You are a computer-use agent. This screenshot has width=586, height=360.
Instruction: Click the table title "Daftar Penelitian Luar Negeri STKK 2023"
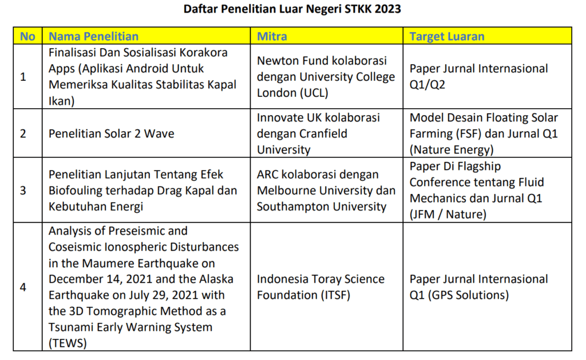coord(292,9)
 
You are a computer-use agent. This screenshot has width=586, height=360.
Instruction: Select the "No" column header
coord(27,37)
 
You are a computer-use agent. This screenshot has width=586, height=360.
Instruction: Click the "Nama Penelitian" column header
coord(93,37)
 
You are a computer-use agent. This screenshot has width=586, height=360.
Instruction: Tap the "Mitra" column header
coord(272,37)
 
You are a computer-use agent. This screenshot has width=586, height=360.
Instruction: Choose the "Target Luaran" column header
coord(447,37)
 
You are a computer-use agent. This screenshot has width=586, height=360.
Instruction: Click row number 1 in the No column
coord(23,77)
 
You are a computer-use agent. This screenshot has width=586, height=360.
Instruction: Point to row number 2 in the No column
coord(23,134)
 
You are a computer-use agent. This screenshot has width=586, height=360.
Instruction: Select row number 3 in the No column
coord(23,191)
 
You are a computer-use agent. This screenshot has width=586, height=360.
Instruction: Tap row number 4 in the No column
coord(23,287)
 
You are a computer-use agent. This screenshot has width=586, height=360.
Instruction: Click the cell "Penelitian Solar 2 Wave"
coord(112,134)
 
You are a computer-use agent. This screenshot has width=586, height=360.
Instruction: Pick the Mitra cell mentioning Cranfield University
coord(326,134)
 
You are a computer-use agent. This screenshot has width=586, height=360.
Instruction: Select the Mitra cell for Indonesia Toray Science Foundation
coord(320,287)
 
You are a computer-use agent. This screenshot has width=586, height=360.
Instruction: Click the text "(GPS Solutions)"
coord(472,295)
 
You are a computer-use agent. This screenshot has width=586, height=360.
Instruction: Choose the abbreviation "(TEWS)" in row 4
coord(68,343)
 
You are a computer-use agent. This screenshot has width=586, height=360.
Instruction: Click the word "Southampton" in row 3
coord(292,207)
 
